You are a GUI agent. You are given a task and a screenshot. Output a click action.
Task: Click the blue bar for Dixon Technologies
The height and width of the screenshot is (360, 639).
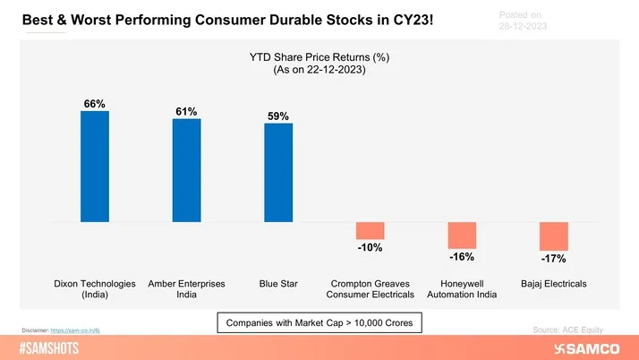94,166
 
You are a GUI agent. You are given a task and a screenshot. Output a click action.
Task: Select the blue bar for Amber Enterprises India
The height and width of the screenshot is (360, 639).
186,170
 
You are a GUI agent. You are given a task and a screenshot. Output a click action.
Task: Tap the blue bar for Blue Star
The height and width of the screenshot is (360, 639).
278,172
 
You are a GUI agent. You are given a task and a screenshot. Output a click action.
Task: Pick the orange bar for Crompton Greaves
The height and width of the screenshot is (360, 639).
370,230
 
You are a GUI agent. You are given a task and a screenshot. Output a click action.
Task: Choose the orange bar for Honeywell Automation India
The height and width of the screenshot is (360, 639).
462,235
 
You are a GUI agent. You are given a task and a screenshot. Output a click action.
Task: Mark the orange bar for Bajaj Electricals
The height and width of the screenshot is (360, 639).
553,236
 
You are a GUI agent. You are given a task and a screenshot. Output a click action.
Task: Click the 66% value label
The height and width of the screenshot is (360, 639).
94,104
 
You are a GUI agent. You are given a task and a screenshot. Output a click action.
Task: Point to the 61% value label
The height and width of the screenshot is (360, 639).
186,111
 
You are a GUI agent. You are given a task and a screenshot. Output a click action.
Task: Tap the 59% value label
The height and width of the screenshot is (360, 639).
278,116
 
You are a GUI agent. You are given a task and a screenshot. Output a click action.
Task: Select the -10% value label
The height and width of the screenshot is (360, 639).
370,247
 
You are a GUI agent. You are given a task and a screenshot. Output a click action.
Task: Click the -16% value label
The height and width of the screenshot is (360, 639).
462,257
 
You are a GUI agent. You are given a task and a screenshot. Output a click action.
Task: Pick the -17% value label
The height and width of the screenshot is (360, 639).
553,259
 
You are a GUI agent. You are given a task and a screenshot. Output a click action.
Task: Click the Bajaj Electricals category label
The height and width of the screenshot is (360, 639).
553,284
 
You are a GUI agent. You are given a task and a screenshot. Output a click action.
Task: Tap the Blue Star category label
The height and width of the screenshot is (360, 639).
278,284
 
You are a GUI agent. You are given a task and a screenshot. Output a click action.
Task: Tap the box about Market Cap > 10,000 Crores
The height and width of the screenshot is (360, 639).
319,321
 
